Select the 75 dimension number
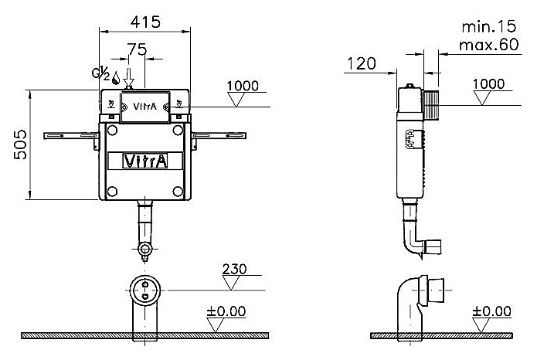[x=137, y=49]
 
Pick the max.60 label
[x=488, y=45]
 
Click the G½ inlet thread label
[x=100, y=75]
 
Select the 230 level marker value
[x=233, y=270]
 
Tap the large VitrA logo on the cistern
[x=144, y=161]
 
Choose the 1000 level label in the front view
[x=244, y=86]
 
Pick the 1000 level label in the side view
[x=488, y=83]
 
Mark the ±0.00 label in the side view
[x=492, y=311]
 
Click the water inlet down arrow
[x=129, y=75]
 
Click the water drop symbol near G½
[x=115, y=77]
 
